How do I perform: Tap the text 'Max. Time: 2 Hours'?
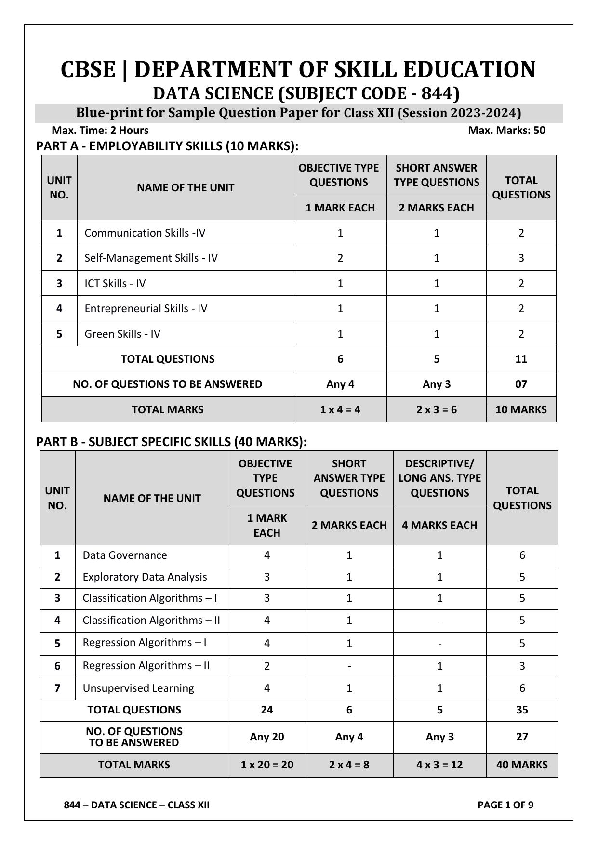(100, 130)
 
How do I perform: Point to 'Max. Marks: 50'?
(506, 130)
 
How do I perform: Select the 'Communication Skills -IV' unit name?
(145, 233)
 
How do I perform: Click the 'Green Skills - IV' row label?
(122, 334)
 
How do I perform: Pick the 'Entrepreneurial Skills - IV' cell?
(146, 308)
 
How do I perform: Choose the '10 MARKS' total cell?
(521, 409)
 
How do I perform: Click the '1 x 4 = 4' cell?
(340, 409)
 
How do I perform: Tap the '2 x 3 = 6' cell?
(436, 409)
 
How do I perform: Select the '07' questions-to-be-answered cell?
(521, 384)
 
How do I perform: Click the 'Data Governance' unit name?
(124, 555)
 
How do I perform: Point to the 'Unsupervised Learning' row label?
(138, 688)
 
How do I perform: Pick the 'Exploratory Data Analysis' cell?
(145, 577)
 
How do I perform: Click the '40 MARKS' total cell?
(522, 765)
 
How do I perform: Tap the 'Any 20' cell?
(267, 737)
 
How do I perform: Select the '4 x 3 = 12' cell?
(439, 765)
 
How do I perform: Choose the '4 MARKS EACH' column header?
(439, 525)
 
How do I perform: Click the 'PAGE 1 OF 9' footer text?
(505, 805)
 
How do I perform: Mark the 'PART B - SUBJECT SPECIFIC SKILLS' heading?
(171, 442)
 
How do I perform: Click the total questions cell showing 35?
(522, 710)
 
